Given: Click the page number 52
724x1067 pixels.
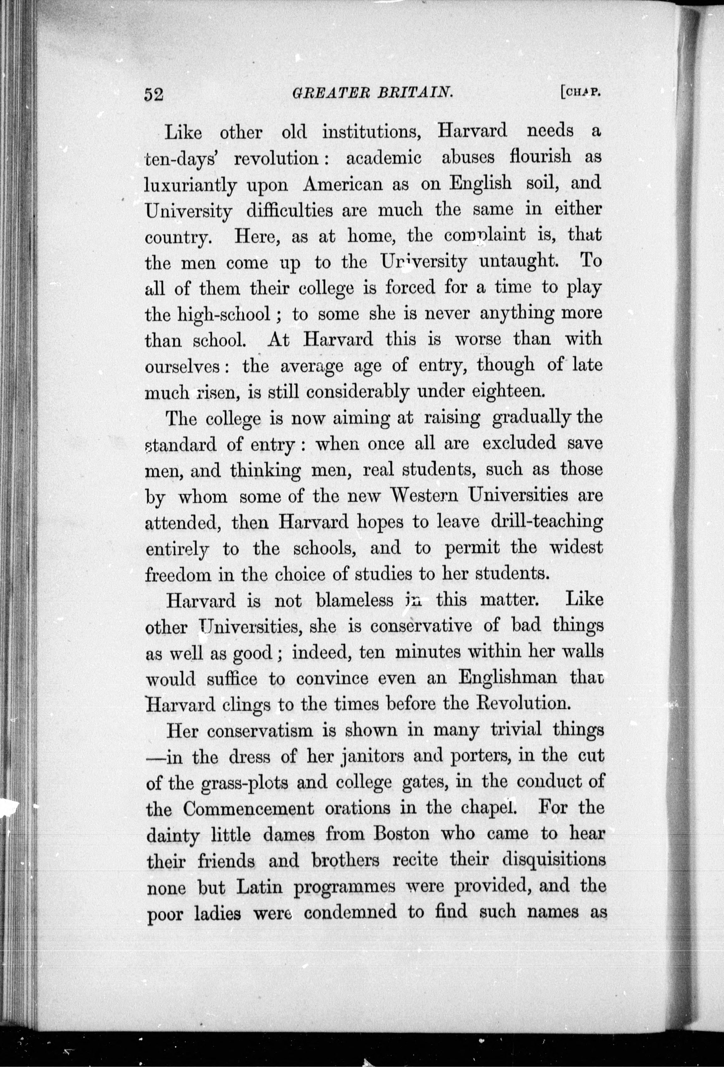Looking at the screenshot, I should click(x=154, y=94).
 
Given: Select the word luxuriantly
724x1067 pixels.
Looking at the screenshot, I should click(x=190, y=185).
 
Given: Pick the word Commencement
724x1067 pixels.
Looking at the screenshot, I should click(x=248, y=809).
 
